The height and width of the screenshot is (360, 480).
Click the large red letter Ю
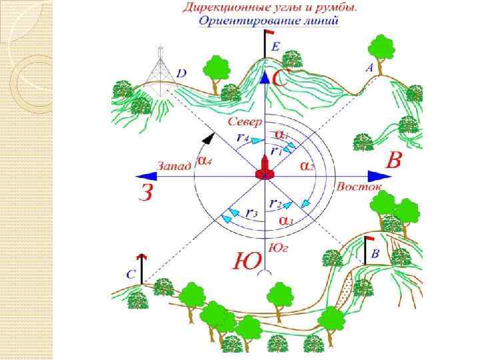click(245, 261)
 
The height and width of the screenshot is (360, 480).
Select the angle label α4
click(204, 161)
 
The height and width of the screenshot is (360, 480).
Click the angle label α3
click(285, 220)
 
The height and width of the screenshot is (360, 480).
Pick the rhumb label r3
click(251, 213)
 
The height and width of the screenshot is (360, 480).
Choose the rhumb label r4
click(242, 137)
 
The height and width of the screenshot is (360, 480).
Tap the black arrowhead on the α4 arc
click(209, 138)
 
